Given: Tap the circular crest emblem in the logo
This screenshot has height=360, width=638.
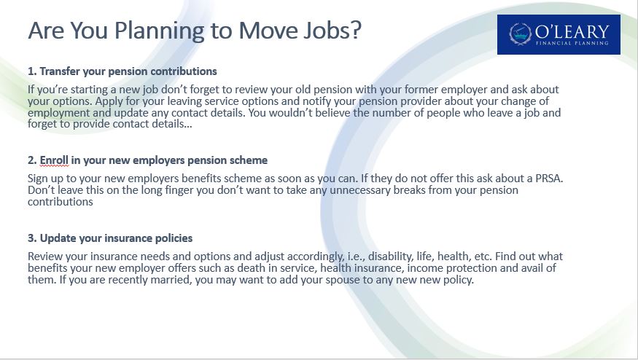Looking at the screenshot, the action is click(521, 34).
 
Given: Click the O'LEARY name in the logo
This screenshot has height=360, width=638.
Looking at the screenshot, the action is click(572, 32).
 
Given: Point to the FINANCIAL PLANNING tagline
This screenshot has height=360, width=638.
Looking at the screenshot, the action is click(572, 43).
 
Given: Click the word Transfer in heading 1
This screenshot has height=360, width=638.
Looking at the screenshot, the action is click(60, 71).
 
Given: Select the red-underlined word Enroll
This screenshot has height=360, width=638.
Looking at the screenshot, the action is click(54, 160).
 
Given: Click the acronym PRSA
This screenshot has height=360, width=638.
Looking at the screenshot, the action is click(548, 178).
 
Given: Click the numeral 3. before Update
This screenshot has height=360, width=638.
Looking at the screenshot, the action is click(32, 238).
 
